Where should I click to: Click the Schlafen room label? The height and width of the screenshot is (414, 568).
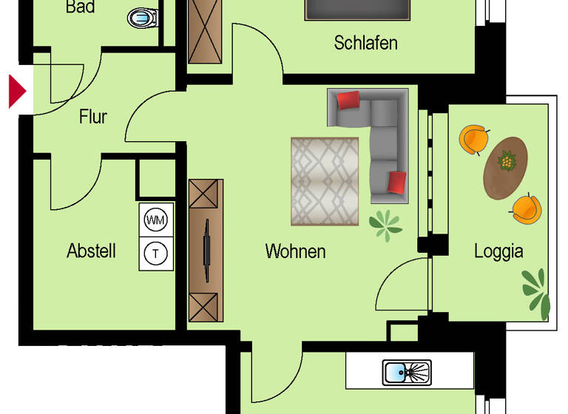click(365, 43)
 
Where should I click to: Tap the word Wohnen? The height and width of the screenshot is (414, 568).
click(295, 251)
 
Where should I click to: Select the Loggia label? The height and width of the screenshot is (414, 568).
click(498, 251)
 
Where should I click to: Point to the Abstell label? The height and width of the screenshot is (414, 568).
click(91, 251)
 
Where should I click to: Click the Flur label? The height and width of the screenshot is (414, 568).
click(93, 117)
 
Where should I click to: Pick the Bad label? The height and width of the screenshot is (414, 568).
click(80, 8)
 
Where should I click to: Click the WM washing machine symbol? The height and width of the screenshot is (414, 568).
click(155, 220)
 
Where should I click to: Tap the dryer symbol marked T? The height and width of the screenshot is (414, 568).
click(155, 254)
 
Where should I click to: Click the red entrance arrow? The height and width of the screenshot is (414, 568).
click(17, 90)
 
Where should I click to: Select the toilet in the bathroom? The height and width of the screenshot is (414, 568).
click(143, 17)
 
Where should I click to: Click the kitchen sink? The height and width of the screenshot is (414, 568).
click(406, 372)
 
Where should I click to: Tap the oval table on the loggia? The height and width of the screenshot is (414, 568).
click(506, 167)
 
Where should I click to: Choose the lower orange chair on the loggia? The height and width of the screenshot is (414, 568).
click(525, 208)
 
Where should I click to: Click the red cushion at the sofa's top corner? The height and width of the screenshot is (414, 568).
click(348, 100)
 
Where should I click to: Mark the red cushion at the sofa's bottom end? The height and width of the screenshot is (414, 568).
click(397, 182)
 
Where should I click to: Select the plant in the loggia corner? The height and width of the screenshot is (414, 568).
click(536, 291)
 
